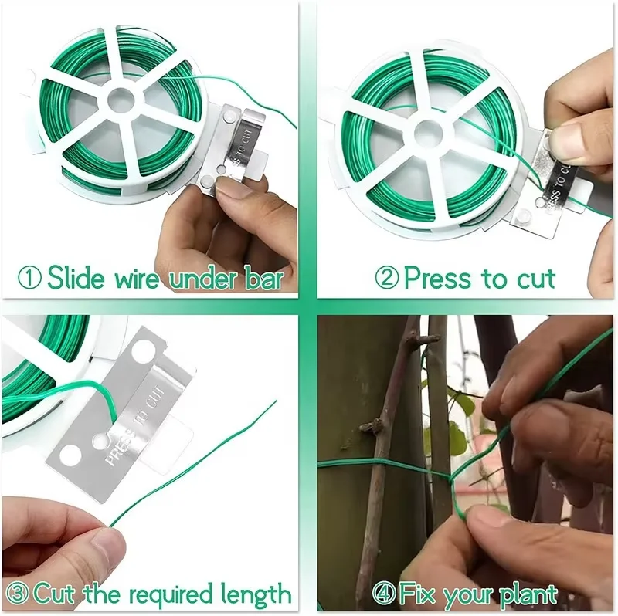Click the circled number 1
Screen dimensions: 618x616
pos(29,278)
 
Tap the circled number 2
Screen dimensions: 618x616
pos(387,278)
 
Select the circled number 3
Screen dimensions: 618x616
pos(17,594)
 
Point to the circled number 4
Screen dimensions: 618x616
pos(383,594)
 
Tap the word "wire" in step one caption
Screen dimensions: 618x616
pos(137,278)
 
